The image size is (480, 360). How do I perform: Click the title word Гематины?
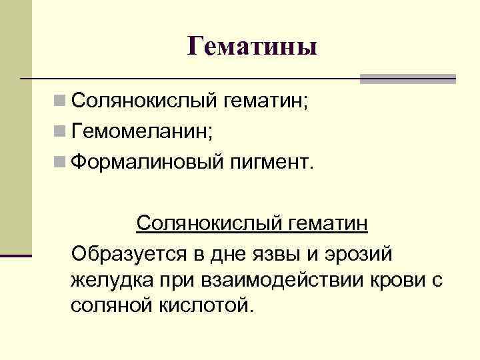[x=252, y=46]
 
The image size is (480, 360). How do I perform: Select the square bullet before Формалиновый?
[x=60, y=162]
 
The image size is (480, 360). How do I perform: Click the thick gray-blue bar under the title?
[x=407, y=79]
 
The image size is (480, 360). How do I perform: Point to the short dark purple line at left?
[x=16, y=255]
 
